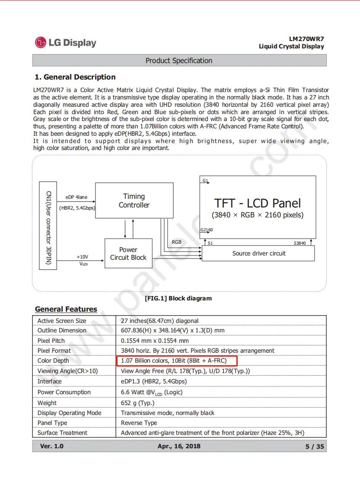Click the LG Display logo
tap(65, 42)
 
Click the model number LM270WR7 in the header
tap(306, 38)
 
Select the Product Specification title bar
tap(179, 61)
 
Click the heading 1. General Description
tap(75, 77)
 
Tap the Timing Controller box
tap(134, 201)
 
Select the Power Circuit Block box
tap(128, 253)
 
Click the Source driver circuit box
tap(258, 253)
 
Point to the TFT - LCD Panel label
tap(258, 204)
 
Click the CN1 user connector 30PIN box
tap(48, 225)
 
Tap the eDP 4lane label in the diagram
tap(76, 197)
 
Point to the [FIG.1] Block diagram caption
tap(178, 298)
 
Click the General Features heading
tap(66, 309)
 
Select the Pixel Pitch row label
tap(51, 341)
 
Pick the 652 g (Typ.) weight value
tap(137, 403)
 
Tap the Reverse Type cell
tap(139, 423)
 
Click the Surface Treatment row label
tap(62, 433)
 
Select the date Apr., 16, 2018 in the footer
tap(179, 446)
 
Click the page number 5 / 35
tap(314, 447)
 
